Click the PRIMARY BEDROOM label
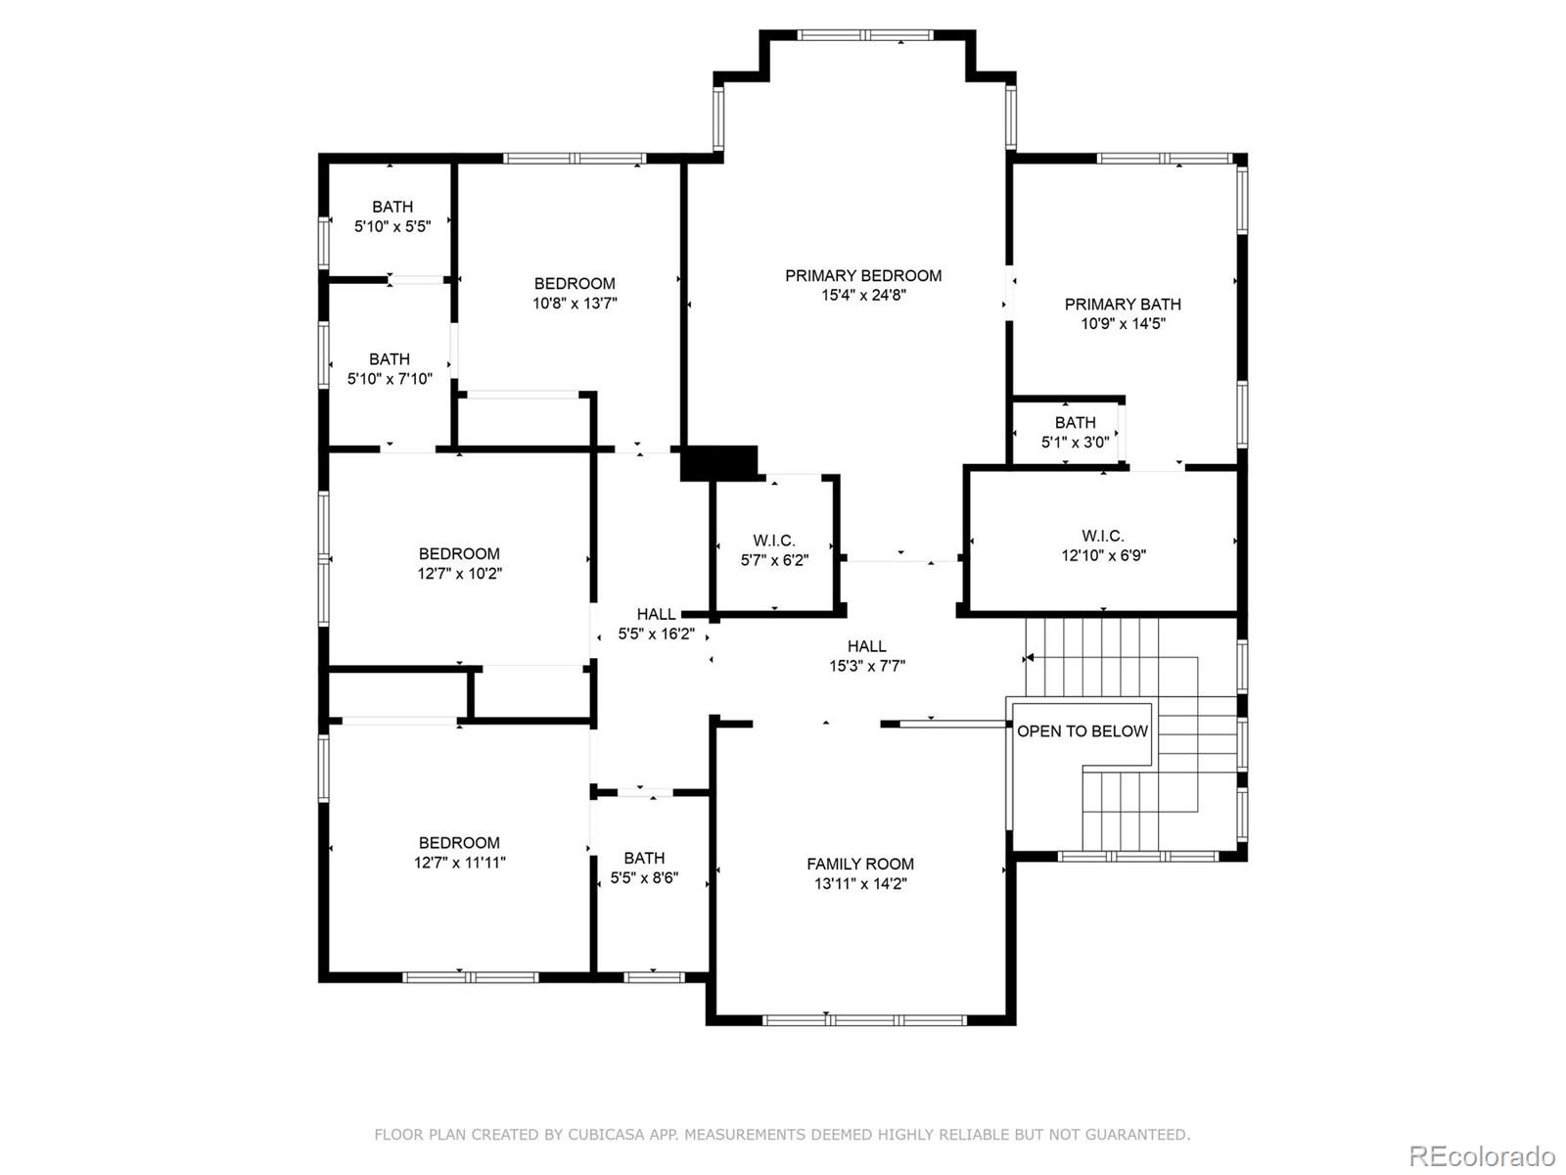(862, 276)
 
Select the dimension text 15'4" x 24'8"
(862, 296)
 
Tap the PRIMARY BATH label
(1123, 305)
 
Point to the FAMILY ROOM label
(860, 864)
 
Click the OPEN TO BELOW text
(1082, 731)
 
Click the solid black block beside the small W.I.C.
(719, 462)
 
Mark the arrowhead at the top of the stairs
(1029, 658)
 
